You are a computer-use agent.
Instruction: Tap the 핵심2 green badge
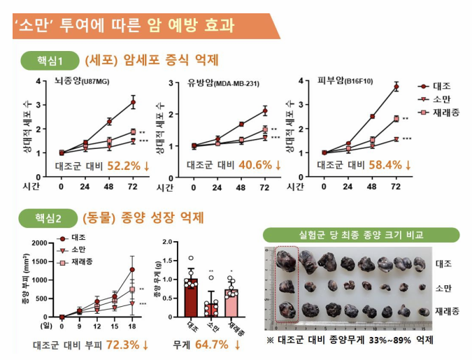[48, 217]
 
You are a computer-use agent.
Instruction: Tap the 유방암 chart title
[222, 83]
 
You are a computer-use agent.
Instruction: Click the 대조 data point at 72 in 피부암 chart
[396, 87]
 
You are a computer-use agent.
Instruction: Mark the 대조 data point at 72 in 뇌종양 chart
[133, 103]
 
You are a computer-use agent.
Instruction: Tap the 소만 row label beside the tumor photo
[443, 287]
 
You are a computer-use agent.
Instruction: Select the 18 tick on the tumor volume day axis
[132, 326]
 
